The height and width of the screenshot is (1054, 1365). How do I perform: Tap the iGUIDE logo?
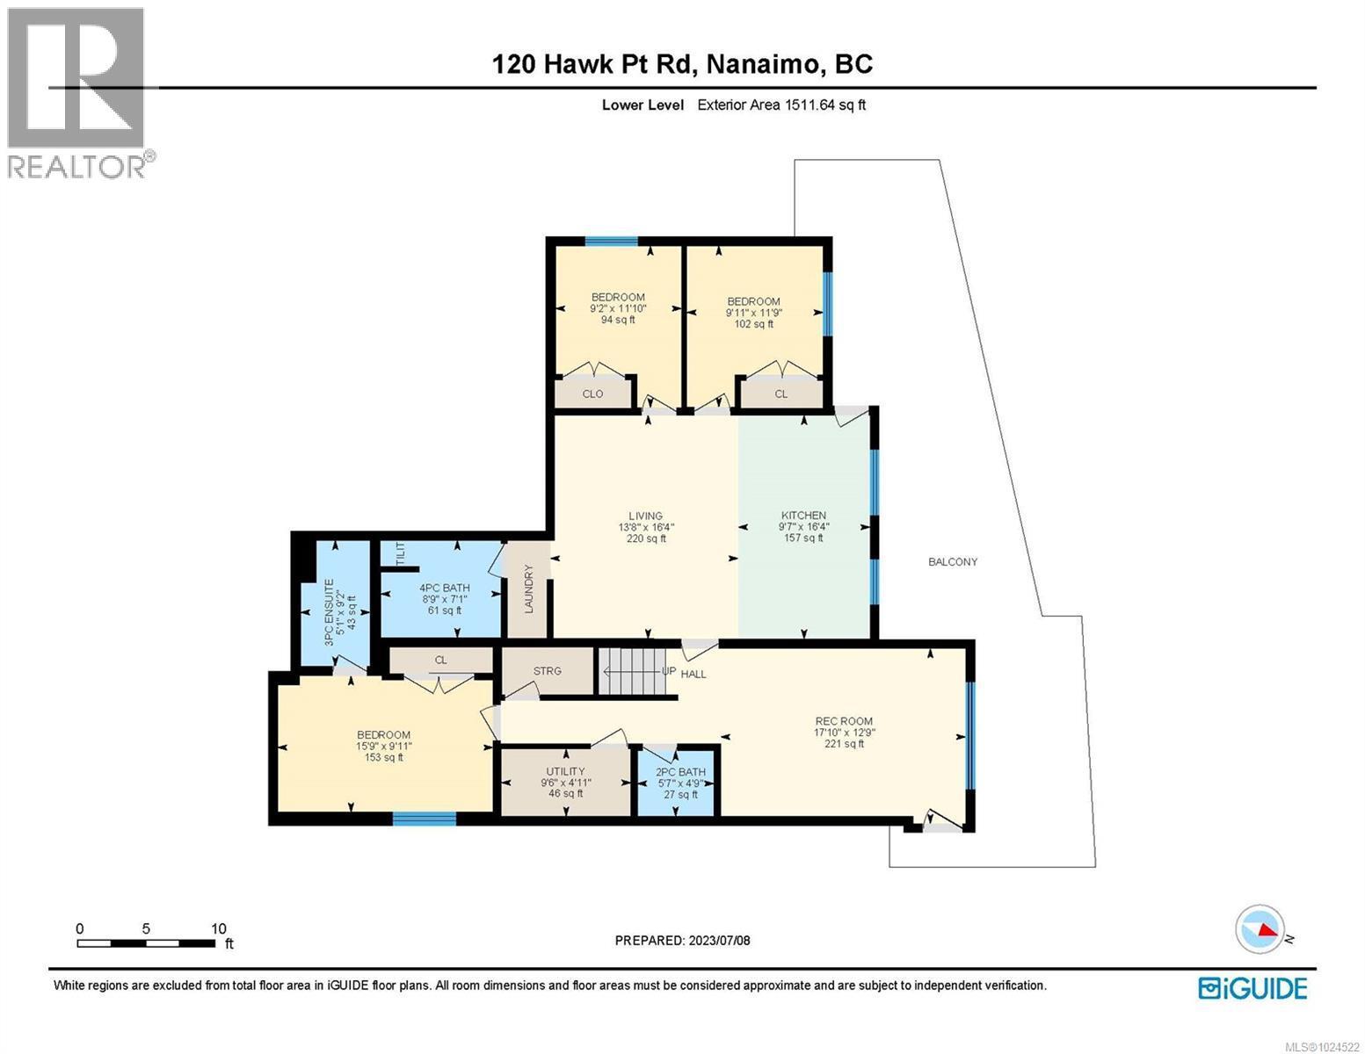(1252, 988)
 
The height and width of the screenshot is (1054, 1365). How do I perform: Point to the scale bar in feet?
(146, 942)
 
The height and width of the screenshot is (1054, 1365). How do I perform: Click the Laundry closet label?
(529, 588)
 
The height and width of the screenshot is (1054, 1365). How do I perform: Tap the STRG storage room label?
(547, 671)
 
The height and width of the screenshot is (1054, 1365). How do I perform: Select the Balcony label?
(953, 561)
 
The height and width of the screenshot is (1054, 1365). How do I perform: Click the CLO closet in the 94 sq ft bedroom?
(592, 393)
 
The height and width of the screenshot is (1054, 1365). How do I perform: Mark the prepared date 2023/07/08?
(682, 941)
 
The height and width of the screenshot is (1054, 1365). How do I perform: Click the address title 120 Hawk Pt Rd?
(682, 64)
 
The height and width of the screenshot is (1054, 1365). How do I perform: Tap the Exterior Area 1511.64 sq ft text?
(781, 105)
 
